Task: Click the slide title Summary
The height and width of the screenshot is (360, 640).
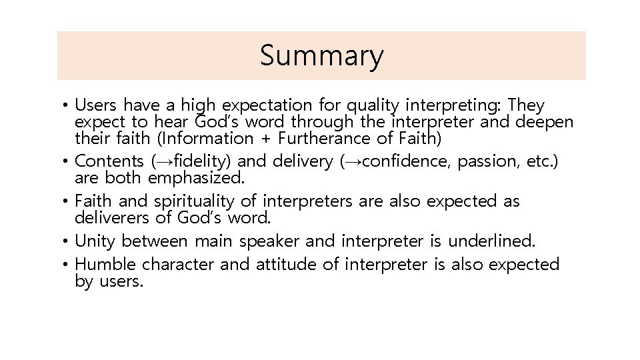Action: point(321,56)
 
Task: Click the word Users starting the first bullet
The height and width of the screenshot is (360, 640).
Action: point(97,105)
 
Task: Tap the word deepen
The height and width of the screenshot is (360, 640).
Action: point(544,123)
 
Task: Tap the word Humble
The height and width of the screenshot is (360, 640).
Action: point(106,265)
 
